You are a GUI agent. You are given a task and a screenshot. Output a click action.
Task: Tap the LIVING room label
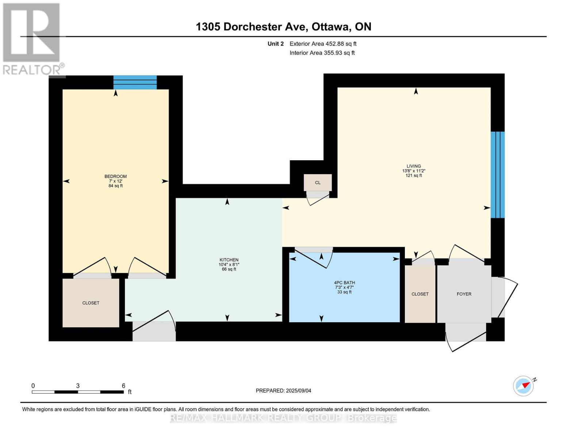[x=414, y=166]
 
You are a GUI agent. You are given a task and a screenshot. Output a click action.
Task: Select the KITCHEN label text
[x=229, y=260]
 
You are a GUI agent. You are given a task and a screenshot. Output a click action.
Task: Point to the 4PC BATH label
[x=344, y=283]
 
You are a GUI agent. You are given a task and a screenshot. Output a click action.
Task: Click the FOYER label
[x=464, y=294]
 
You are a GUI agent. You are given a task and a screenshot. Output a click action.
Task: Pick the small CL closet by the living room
[x=318, y=182]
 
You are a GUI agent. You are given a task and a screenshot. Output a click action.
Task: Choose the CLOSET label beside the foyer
[x=420, y=294]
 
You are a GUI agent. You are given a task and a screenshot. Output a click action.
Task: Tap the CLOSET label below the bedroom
[x=91, y=303]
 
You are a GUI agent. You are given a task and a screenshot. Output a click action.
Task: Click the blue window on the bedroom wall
[x=135, y=82]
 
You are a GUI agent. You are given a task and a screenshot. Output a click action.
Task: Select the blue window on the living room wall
[x=498, y=175]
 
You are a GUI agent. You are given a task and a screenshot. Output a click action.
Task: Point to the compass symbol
[x=524, y=386]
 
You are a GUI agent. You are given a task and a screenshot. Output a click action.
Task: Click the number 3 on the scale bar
[x=78, y=385]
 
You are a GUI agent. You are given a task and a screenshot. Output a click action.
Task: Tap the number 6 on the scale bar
[x=123, y=385]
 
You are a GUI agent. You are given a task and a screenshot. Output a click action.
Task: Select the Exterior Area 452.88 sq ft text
[x=323, y=44]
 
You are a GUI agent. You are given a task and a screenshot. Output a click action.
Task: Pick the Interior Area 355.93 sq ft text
[x=322, y=53]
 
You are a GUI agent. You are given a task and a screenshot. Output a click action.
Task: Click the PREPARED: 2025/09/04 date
[x=283, y=391]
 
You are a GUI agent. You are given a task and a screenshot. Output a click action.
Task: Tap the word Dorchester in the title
[x=264, y=27]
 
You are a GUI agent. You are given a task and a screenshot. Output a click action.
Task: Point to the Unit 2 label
[x=276, y=44]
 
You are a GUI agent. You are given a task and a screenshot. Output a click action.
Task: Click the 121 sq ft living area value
[x=414, y=176]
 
